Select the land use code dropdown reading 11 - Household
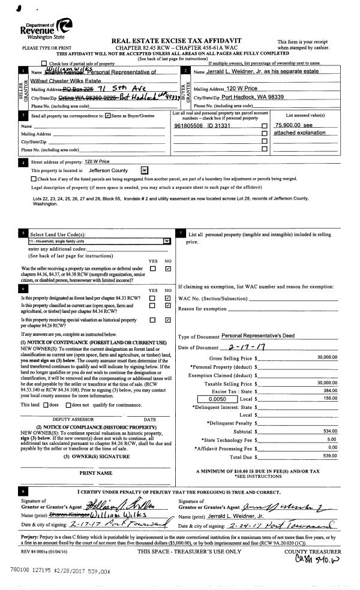pyautogui.click(x=99, y=241)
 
